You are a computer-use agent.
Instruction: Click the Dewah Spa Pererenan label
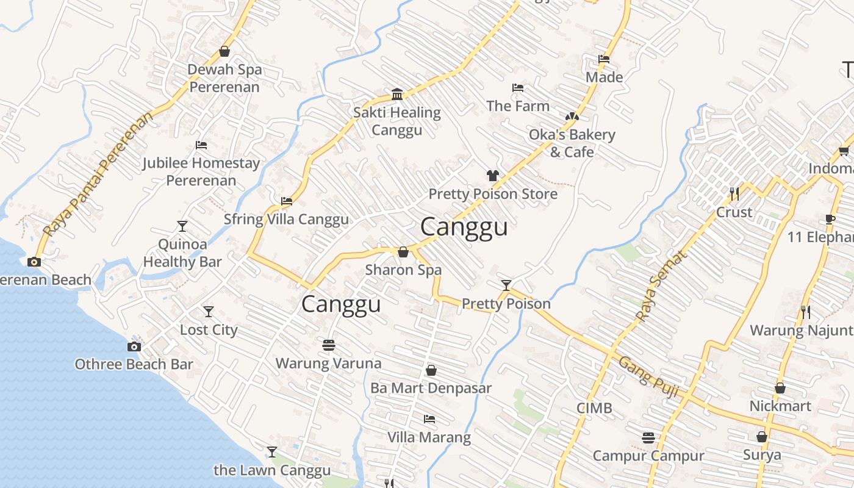(x=224, y=78)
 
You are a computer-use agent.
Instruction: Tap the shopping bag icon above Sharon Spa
(x=403, y=252)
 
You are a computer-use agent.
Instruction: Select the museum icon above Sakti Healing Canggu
(x=398, y=94)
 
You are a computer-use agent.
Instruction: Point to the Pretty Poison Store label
(x=493, y=194)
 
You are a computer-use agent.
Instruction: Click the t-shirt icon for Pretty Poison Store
(x=493, y=176)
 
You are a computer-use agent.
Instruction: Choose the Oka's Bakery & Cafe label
(x=572, y=143)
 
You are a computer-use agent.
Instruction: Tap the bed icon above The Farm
(x=518, y=88)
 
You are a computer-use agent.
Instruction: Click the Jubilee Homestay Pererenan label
(x=201, y=171)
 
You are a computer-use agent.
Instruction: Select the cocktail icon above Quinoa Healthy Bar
(x=182, y=226)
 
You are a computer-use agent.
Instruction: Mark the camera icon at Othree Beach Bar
(x=134, y=346)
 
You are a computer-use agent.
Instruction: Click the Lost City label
(x=209, y=330)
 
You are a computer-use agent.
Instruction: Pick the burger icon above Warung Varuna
(x=329, y=345)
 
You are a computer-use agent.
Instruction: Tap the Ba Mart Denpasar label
(x=431, y=388)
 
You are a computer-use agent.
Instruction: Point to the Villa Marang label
(x=429, y=437)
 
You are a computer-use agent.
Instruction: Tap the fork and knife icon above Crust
(x=734, y=194)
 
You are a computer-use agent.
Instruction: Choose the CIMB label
(x=595, y=408)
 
